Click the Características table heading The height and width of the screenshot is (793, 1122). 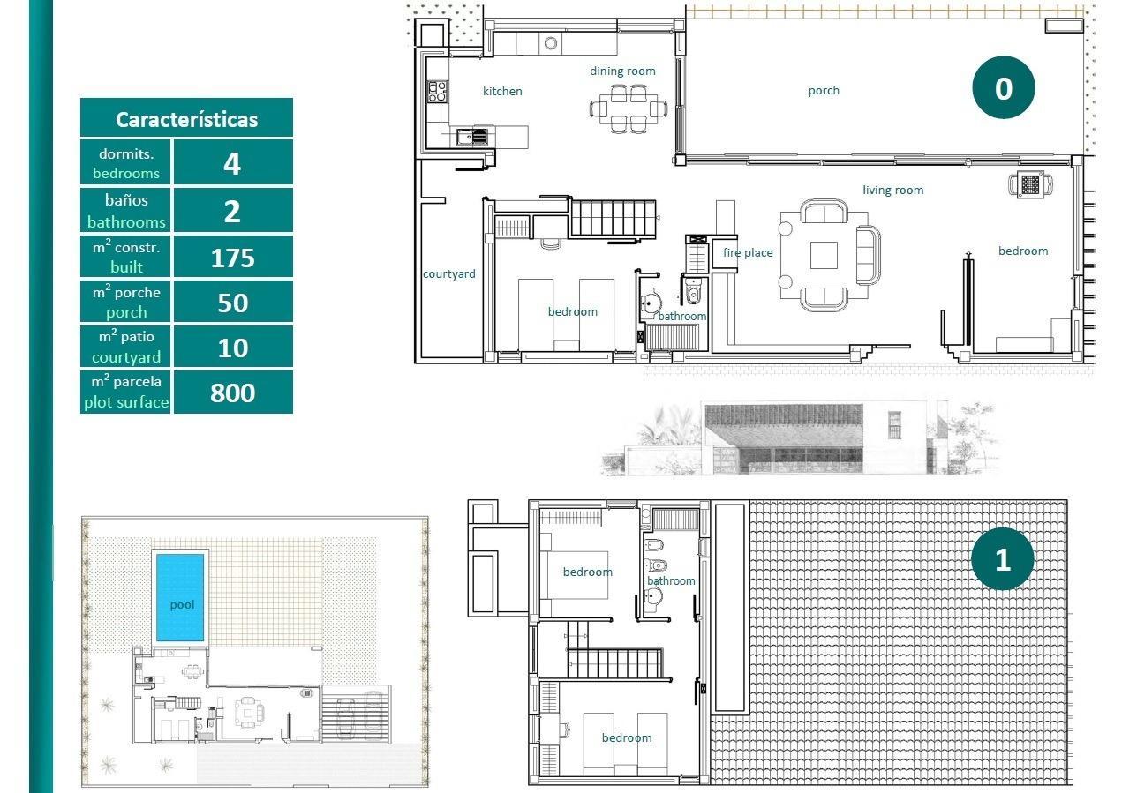(x=186, y=119)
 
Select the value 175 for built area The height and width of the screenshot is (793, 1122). (x=232, y=258)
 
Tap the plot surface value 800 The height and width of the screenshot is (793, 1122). (x=232, y=393)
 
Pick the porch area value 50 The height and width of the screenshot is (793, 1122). (x=232, y=303)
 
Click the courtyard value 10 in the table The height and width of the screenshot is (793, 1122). (x=232, y=348)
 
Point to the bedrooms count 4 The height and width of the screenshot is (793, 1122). (x=232, y=164)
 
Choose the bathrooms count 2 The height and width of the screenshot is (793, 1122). (x=232, y=211)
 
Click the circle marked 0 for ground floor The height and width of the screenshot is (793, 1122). (x=1003, y=88)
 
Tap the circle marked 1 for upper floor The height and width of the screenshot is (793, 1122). (x=1002, y=559)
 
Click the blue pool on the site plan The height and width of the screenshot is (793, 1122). (x=180, y=597)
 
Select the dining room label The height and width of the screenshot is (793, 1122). (x=622, y=71)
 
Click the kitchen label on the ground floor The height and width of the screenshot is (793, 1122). (x=502, y=91)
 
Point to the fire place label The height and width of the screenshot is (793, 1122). (x=748, y=253)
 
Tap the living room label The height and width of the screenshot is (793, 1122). (x=892, y=190)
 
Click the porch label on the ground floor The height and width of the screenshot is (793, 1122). (x=824, y=90)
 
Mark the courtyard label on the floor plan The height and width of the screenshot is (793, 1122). (x=448, y=274)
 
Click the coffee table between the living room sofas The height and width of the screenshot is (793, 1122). (x=824, y=255)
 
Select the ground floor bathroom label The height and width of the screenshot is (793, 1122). (x=682, y=316)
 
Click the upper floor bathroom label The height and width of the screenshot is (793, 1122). (x=671, y=580)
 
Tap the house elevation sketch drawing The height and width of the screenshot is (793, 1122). (x=799, y=438)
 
